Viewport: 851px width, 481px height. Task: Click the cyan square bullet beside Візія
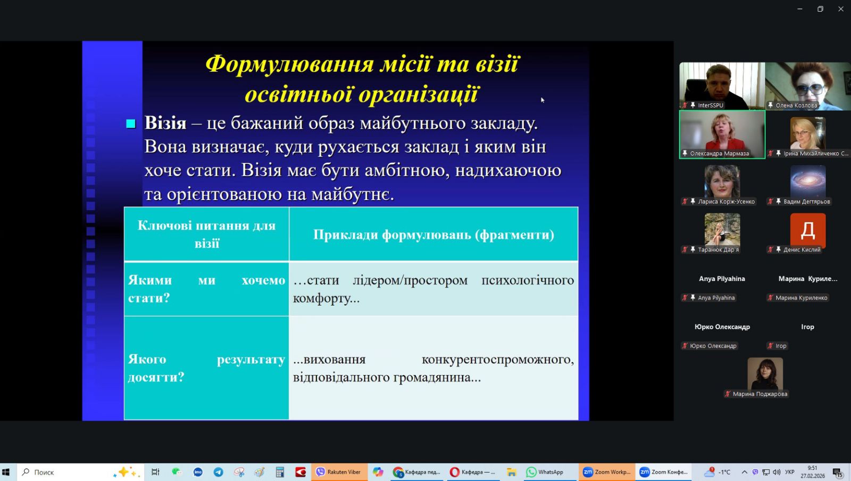click(x=131, y=123)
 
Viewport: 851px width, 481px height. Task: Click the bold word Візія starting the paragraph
click(x=165, y=123)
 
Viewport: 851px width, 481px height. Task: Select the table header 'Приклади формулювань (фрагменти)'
click(x=433, y=235)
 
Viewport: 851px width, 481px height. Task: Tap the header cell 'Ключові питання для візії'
click(x=207, y=235)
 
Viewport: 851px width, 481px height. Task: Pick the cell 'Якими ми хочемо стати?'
click(x=207, y=289)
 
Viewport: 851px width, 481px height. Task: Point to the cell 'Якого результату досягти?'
click(x=207, y=368)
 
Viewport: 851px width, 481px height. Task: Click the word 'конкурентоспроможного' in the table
click(x=498, y=359)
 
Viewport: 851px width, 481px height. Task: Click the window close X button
click(x=840, y=9)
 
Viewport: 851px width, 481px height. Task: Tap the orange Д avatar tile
click(x=808, y=230)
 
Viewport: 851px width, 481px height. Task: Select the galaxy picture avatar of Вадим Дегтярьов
click(x=808, y=181)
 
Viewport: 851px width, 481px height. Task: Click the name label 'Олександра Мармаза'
click(x=719, y=153)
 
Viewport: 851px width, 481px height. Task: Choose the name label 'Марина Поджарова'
click(x=760, y=394)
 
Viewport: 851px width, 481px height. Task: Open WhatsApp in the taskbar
click(x=545, y=472)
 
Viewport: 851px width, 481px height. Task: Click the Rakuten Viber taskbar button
click(x=339, y=472)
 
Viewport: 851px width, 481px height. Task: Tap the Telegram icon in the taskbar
click(x=219, y=472)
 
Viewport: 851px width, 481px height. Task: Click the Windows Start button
click(x=6, y=472)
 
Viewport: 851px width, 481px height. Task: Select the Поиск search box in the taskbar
click(x=80, y=472)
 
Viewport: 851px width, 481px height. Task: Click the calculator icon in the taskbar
click(x=280, y=472)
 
